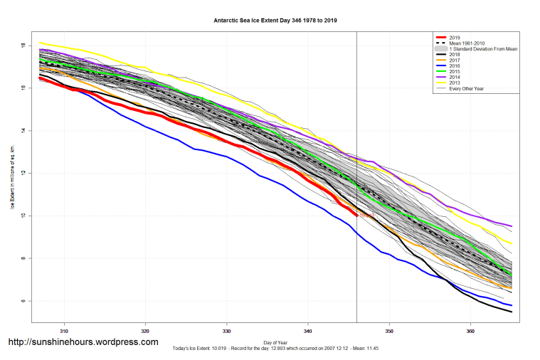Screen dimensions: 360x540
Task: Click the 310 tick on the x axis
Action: coord(64,331)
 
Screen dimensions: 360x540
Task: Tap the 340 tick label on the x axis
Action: coord(308,331)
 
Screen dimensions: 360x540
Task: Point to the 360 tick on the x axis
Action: coord(470,331)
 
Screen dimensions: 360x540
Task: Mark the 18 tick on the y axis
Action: coord(23,45)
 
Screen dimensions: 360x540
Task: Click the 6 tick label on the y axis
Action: coord(23,301)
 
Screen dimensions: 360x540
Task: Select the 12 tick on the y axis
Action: coord(23,173)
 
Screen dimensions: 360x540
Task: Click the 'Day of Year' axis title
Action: coord(275,342)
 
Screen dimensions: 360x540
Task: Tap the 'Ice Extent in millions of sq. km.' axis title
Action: coord(13,174)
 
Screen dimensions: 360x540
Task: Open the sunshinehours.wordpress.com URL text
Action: coord(83,342)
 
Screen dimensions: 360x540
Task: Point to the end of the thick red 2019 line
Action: coord(356,214)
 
